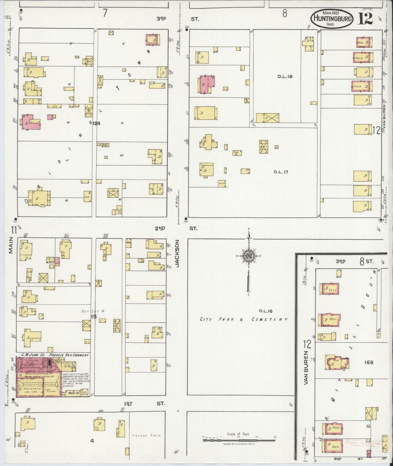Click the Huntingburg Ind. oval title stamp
332,18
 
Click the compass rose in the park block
248,257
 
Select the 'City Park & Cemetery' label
243,319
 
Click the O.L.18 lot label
285,76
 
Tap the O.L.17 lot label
281,172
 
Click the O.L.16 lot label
265,311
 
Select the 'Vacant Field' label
146,436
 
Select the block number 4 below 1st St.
92,441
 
